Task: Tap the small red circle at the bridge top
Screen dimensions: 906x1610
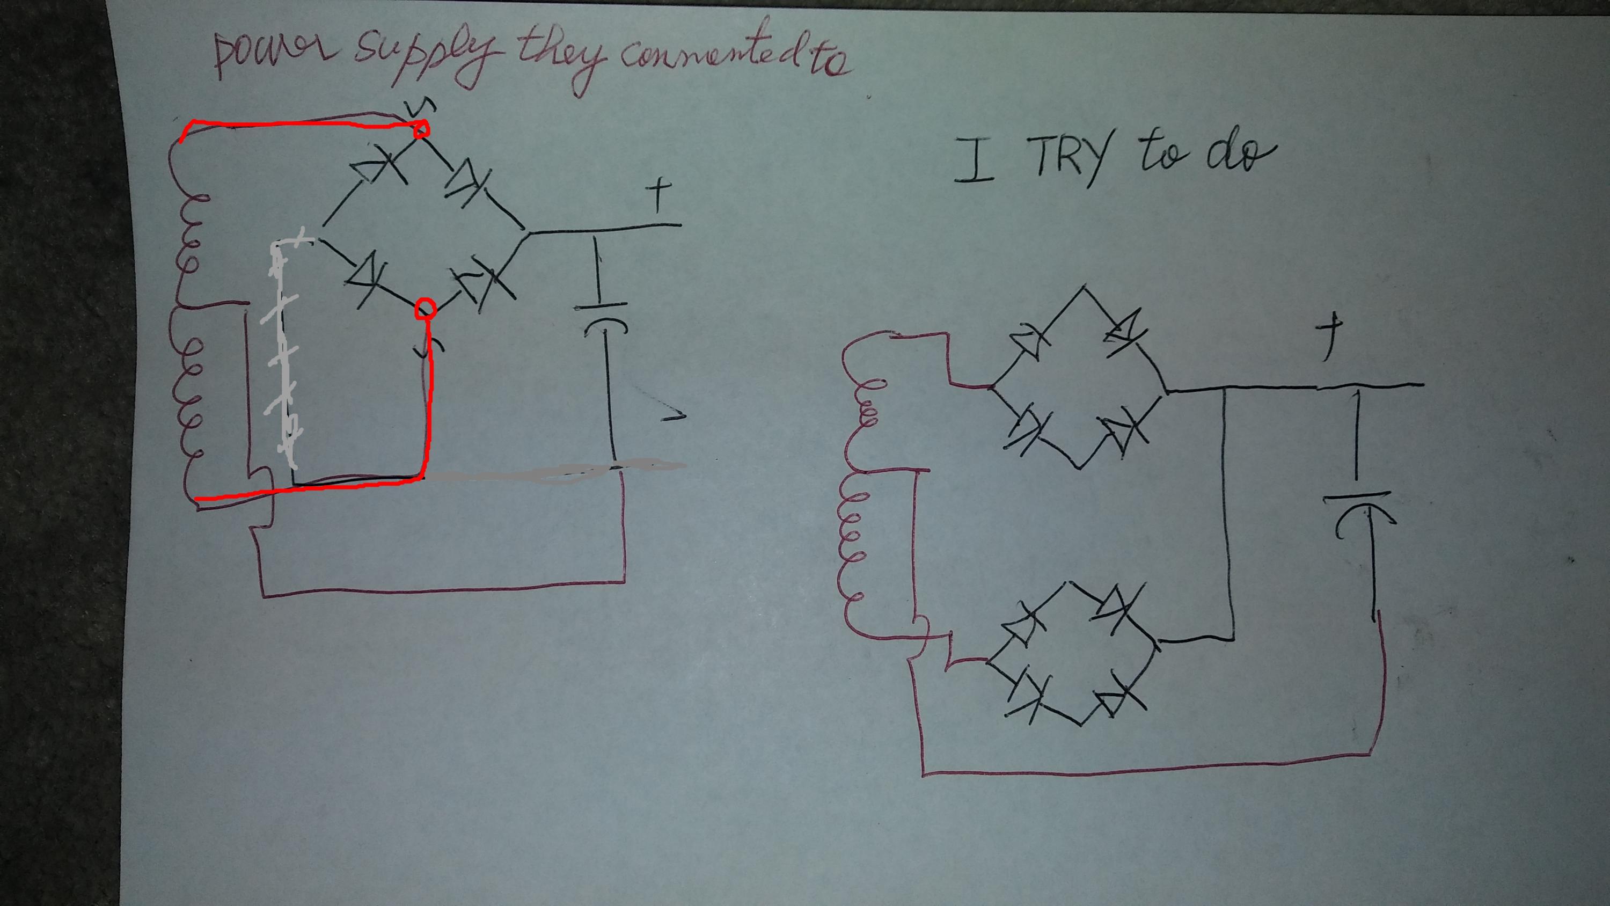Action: point(421,129)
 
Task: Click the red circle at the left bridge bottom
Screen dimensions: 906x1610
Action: point(426,308)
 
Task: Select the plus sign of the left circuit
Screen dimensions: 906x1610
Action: point(656,197)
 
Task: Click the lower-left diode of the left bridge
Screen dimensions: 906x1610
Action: point(369,278)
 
